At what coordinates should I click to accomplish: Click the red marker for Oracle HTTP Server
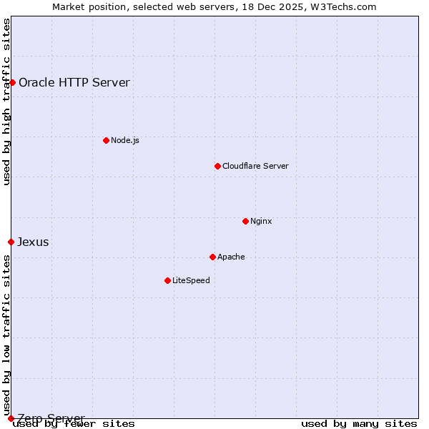click(12, 82)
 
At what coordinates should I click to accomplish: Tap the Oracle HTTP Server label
click(74, 82)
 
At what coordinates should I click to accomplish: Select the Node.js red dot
click(106, 140)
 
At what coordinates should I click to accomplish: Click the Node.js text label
click(125, 140)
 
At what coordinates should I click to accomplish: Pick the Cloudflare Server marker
click(217, 166)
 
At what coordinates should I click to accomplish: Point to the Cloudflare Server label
click(255, 166)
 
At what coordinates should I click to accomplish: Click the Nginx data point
click(245, 221)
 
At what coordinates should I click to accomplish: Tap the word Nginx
click(261, 221)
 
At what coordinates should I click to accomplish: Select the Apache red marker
click(212, 257)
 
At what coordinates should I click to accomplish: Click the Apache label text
click(231, 257)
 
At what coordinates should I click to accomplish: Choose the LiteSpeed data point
click(167, 280)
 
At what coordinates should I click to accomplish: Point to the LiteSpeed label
click(191, 280)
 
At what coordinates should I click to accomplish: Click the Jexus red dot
click(11, 242)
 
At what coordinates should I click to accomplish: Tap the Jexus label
click(33, 242)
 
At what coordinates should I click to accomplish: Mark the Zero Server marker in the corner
click(11, 418)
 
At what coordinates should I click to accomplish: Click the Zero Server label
click(51, 418)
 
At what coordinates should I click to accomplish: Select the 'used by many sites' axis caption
click(359, 423)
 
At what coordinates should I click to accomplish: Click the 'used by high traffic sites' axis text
click(6, 102)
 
